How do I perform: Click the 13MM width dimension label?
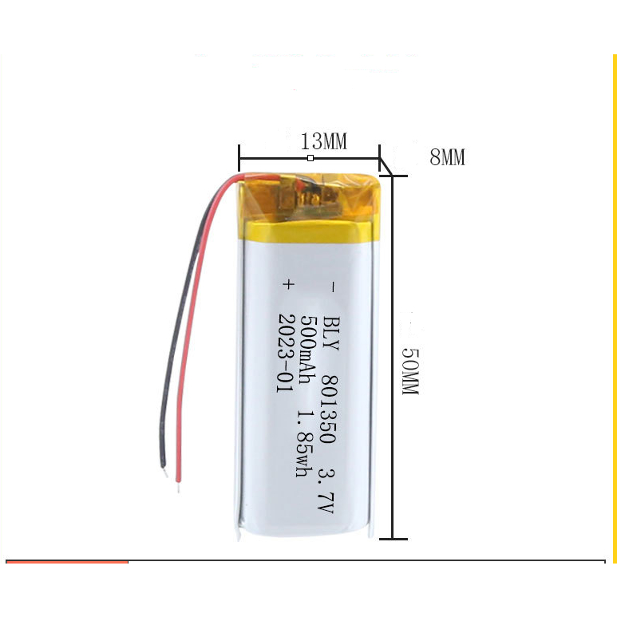323,142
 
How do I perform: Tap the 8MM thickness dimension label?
447,158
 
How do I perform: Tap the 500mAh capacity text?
307,350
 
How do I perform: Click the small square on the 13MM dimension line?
310,159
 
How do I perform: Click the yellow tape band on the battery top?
307,231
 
